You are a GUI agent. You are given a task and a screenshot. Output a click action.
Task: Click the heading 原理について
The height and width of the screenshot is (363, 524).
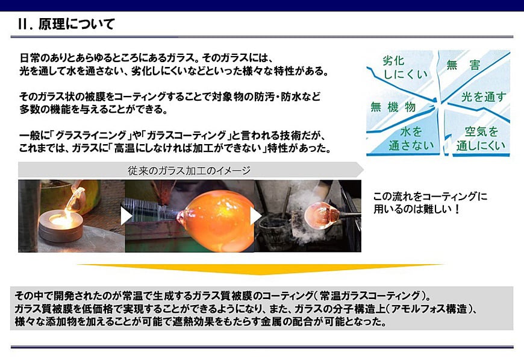(x=77, y=24)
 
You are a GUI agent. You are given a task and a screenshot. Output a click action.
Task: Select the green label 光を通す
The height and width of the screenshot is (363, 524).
(x=484, y=96)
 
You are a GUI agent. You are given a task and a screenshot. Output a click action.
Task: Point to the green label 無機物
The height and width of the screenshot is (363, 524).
(x=393, y=107)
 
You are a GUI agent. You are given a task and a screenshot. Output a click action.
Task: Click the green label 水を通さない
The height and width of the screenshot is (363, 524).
(x=411, y=138)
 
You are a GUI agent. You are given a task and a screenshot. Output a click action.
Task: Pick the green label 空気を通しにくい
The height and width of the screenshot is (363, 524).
(x=481, y=138)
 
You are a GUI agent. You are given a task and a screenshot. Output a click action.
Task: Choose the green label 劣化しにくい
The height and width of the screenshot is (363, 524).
(x=405, y=68)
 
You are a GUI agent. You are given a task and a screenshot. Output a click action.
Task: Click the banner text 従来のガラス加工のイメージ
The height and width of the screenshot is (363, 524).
(x=189, y=171)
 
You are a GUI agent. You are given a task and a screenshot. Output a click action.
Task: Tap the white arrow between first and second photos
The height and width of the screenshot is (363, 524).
(x=126, y=216)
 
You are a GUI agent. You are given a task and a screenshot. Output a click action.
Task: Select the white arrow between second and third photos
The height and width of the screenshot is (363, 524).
(x=255, y=216)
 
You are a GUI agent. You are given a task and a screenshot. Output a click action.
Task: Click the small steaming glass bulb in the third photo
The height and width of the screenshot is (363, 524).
(x=322, y=215)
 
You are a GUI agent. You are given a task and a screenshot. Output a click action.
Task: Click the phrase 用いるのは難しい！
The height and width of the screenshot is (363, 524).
(x=417, y=209)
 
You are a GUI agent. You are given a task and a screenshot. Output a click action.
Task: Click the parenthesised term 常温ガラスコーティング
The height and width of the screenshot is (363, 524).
(x=370, y=295)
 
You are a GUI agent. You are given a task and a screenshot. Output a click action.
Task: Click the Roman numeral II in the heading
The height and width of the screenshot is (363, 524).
(x=23, y=24)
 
